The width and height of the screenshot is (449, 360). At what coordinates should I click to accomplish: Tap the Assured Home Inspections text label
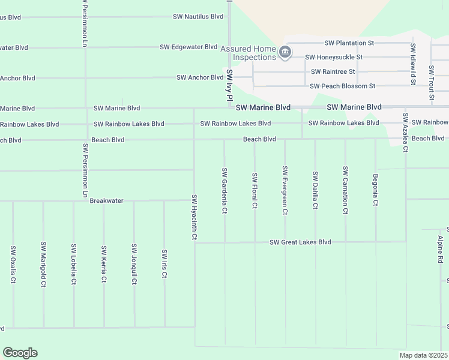coord(248,53)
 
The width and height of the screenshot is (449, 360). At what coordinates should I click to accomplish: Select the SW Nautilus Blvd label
coord(198,17)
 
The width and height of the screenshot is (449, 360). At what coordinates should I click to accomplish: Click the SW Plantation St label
coord(349,43)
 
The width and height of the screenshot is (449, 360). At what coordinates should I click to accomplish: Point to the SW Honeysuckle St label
coord(334,58)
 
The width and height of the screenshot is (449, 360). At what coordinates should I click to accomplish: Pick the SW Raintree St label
coord(333,71)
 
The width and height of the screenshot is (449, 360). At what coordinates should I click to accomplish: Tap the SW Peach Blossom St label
coord(342,86)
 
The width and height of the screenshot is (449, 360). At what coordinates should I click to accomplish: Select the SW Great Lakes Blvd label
coord(300,242)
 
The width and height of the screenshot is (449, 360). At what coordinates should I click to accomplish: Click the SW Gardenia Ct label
coord(224,190)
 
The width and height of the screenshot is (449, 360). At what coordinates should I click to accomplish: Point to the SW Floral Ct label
coord(255,191)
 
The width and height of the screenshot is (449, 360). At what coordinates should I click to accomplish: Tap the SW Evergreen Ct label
coord(285,190)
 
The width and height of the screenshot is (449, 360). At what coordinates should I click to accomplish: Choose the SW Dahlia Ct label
coord(315,190)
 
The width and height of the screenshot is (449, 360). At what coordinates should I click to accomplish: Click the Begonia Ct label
coord(375,190)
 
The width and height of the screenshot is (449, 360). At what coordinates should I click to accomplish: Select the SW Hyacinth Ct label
coord(194,217)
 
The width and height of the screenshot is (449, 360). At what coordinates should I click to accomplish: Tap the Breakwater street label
coord(106,201)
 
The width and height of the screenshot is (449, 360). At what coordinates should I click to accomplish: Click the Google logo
coord(20,353)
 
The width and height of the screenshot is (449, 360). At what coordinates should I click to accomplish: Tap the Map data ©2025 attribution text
coord(423,355)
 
